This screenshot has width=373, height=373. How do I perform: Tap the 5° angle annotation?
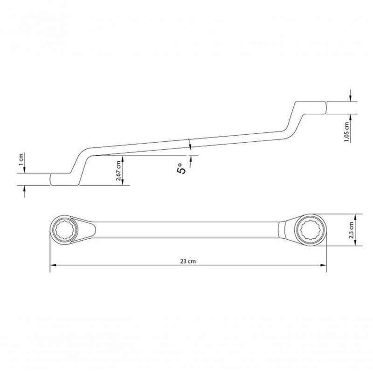(182, 168)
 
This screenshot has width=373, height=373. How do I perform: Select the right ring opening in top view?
(311, 229)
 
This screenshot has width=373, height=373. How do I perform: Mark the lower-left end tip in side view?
(51, 180)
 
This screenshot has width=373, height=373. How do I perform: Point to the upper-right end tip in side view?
(325, 106)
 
